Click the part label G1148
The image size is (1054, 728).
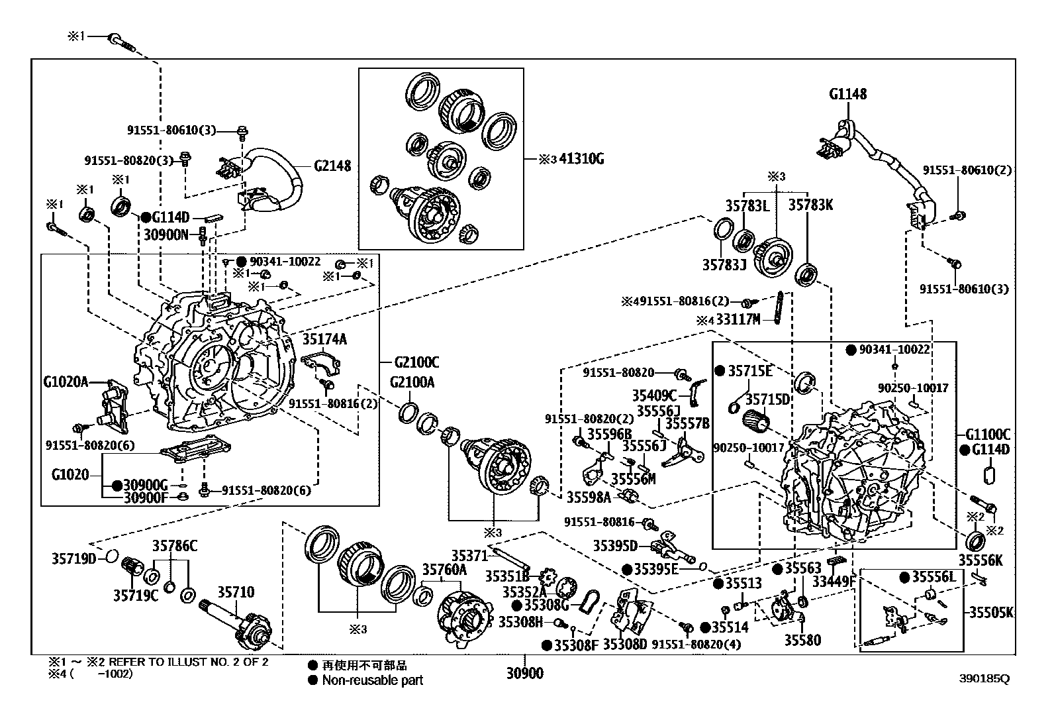click(847, 94)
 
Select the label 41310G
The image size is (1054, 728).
click(581, 159)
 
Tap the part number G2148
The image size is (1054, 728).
click(332, 166)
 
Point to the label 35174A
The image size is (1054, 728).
click(324, 340)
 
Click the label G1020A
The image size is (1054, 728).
click(66, 382)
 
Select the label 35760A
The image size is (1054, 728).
click(444, 569)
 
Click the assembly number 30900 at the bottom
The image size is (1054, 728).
click(524, 674)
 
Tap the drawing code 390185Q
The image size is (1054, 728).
click(984, 678)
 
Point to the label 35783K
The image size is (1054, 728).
click(810, 205)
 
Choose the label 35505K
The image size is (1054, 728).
click(991, 611)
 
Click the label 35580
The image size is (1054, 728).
click(802, 640)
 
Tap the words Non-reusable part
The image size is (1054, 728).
click(373, 680)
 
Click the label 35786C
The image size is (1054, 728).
click(175, 546)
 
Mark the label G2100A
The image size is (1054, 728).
click(412, 382)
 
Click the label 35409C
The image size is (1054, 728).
click(654, 395)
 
